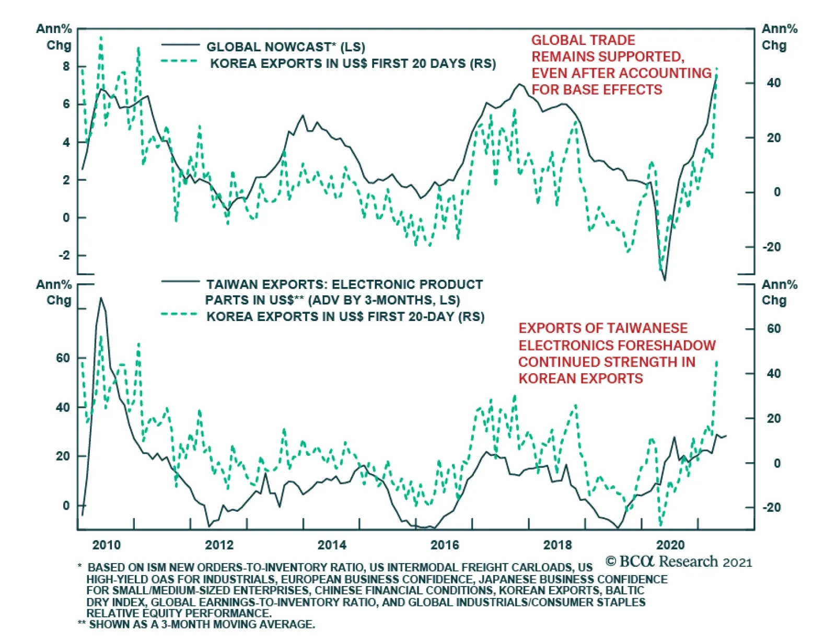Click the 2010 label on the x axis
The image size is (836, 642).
click(x=106, y=545)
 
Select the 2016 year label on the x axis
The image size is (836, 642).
click(x=445, y=545)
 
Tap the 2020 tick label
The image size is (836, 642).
click(x=670, y=545)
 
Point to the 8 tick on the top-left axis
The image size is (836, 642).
click(x=66, y=66)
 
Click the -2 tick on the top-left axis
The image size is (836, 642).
click(x=64, y=255)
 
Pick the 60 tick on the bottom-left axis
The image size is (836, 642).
click(x=63, y=358)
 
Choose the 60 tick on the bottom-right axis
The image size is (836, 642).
click(x=774, y=329)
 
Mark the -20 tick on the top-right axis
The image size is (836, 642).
click(x=772, y=247)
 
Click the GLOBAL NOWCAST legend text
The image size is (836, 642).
click(x=285, y=47)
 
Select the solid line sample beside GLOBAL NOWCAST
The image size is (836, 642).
click(x=180, y=45)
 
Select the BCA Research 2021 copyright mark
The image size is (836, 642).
click(x=679, y=562)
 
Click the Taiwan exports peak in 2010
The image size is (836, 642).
click(x=101, y=299)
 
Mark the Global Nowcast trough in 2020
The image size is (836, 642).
click(x=665, y=280)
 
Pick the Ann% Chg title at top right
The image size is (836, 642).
click(x=779, y=37)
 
